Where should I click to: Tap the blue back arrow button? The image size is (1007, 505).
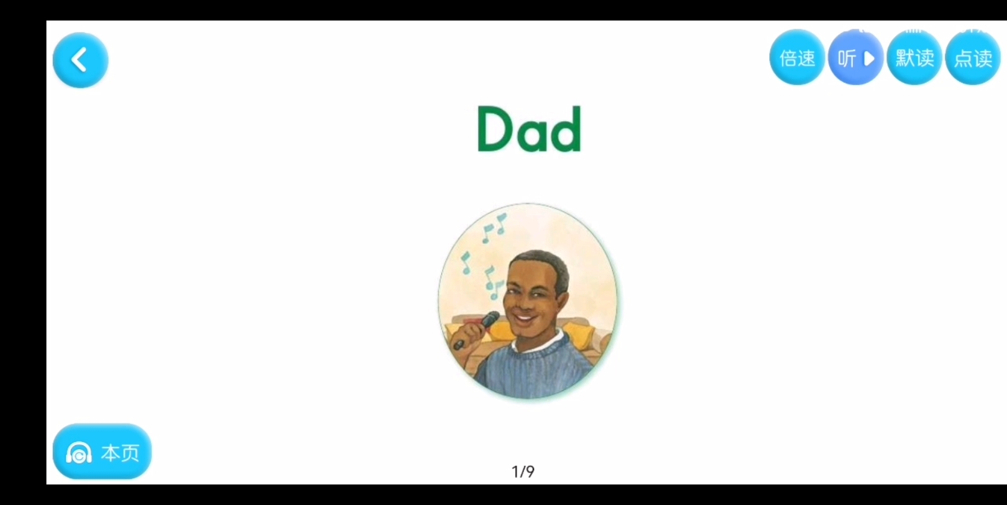point(80,60)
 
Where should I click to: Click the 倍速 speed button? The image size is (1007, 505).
point(797,58)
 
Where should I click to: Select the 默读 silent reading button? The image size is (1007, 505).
point(914,58)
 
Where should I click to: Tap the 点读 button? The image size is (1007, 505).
point(973,58)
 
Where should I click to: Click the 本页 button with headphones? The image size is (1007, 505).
point(102,452)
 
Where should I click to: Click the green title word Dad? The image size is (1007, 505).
point(529,129)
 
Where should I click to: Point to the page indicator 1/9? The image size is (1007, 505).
point(523,471)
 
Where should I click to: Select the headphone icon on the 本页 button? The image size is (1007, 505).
point(79,453)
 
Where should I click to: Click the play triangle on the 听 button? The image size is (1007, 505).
point(869,58)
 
